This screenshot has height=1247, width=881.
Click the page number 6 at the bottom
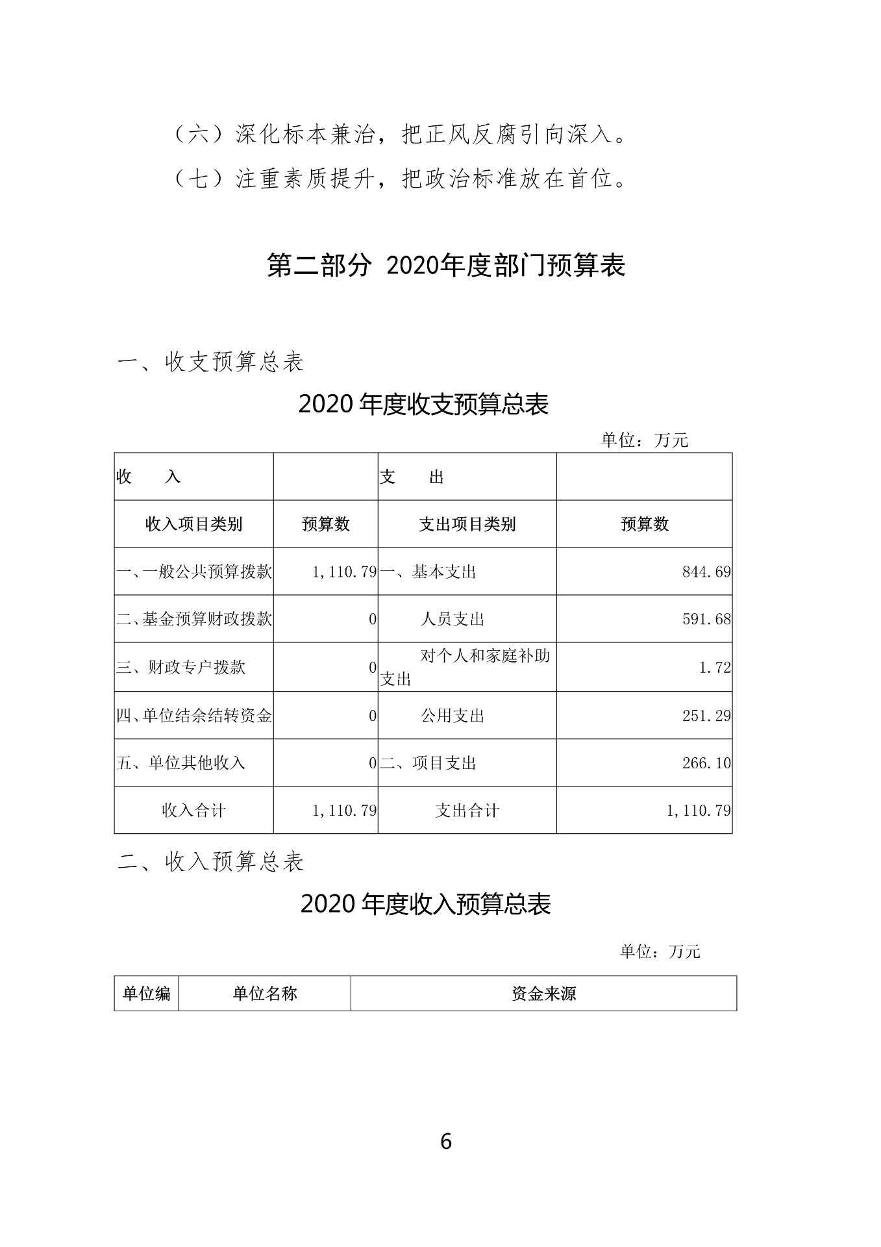coord(445,1141)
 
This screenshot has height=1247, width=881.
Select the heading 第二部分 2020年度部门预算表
coord(445,266)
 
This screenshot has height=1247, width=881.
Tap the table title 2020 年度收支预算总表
coord(423,405)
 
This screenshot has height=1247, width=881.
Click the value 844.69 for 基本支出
coord(706,572)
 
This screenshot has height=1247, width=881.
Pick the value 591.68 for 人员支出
coord(706,620)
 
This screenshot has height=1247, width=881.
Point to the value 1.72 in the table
coord(715,668)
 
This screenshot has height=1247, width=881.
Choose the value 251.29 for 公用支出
coord(706,716)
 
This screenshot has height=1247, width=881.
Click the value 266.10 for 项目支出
coord(706,763)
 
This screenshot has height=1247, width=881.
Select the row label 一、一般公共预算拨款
coord(193,572)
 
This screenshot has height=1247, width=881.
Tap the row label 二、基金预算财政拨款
coord(193,620)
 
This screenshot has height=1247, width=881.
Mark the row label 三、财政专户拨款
coord(181,668)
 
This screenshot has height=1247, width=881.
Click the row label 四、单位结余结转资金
coord(193,716)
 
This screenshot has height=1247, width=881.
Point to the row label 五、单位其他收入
coord(181,763)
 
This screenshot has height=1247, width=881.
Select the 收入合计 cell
coord(193,811)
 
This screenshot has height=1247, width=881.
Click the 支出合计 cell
coord(467,811)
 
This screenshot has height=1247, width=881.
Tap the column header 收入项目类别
coord(193,524)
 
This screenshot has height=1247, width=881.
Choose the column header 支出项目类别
coord(467,524)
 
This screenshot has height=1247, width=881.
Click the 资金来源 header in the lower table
coord(543,994)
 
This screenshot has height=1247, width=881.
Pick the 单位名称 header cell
coord(265,994)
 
